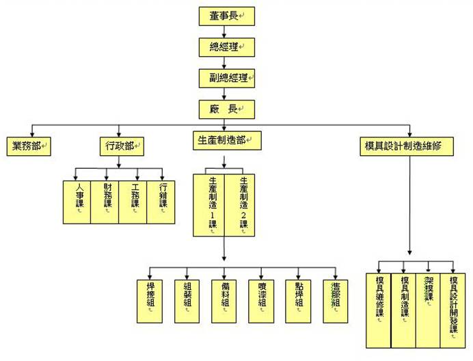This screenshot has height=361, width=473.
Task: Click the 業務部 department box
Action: [29, 146]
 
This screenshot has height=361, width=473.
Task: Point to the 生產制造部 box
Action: [225, 140]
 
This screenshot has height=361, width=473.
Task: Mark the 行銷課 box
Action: [161, 202]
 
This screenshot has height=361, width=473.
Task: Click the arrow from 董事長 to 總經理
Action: [224, 31]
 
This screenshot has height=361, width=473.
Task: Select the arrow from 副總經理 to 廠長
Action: [224, 93]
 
